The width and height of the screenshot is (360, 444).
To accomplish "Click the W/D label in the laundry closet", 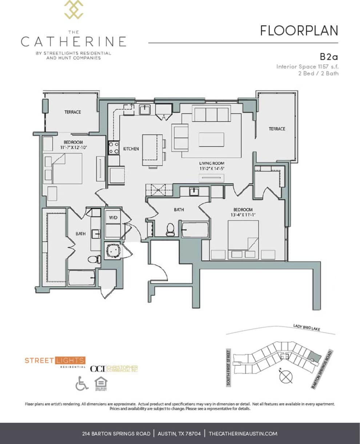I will (112, 217).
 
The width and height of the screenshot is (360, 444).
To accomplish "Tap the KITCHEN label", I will (131, 149).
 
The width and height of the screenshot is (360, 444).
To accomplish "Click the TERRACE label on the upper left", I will (73, 112).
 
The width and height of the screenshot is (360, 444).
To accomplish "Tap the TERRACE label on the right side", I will (277, 129).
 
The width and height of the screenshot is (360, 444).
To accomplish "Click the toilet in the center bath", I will (170, 230).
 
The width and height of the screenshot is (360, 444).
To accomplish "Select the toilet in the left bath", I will (94, 259).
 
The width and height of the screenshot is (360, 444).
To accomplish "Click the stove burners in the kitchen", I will (113, 148).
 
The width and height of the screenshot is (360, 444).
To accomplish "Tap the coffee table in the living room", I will (211, 140).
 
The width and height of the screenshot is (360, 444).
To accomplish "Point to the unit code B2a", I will (329, 56).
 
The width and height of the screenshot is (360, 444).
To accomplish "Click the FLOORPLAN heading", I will (299, 31).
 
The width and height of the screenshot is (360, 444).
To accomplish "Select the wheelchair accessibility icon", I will (82, 383).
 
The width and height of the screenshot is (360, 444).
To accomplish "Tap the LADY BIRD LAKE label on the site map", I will (307, 328).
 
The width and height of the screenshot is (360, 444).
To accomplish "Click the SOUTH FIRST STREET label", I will (228, 367).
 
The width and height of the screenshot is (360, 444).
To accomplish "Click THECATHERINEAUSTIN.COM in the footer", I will (243, 433).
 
